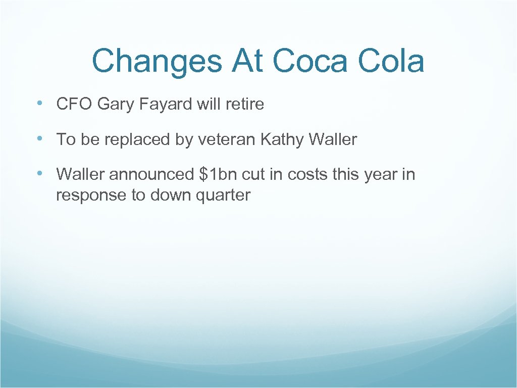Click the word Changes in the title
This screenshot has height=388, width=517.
click(157, 62)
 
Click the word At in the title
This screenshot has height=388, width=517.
click(247, 62)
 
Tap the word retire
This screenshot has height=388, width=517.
click(245, 105)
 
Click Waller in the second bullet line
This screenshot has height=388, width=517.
click(333, 139)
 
